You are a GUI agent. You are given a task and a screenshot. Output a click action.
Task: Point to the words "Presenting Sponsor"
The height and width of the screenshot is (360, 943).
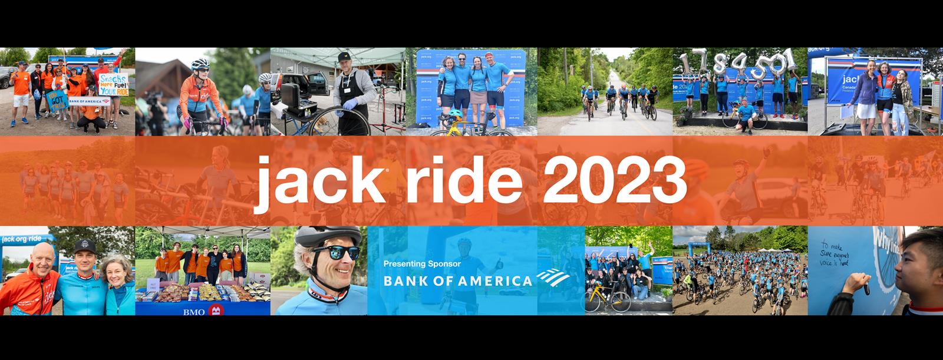point(421,263)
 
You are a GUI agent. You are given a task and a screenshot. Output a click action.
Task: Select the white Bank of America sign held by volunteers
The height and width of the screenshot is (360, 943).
point(89,101)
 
